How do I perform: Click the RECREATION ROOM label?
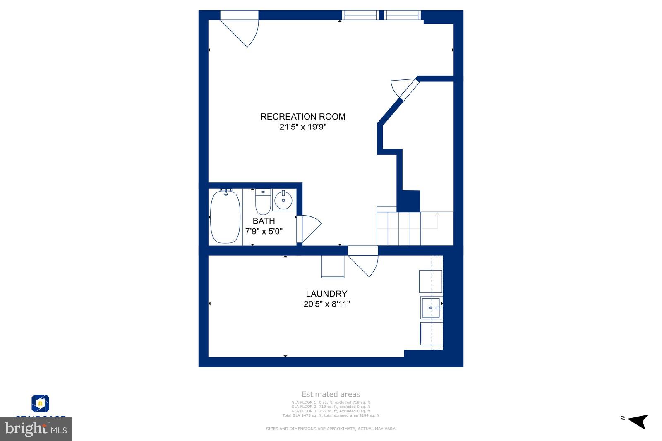[x=302, y=117]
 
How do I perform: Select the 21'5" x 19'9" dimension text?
[x=302, y=127]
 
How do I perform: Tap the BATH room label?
[x=264, y=221]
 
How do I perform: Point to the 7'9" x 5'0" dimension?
[x=264, y=231]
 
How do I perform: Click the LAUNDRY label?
[x=326, y=294]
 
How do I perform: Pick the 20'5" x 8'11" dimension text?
[x=326, y=304]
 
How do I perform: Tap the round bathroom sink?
[x=284, y=201]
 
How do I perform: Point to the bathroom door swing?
[x=308, y=229]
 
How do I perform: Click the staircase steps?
[x=399, y=228]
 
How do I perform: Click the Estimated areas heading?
[x=331, y=394]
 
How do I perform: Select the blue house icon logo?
[x=41, y=403]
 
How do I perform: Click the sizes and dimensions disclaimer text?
[x=331, y=429]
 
